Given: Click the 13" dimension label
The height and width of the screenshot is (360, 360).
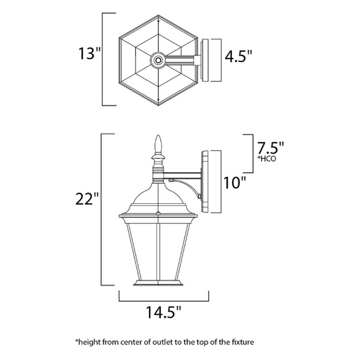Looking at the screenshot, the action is [x=89, y=53].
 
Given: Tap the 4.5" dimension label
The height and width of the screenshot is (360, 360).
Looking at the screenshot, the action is [x=238, y=56].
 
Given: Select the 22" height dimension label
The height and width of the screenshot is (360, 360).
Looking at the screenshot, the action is [x=87, y=199].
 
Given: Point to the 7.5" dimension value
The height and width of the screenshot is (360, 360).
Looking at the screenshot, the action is [x=271, y=148].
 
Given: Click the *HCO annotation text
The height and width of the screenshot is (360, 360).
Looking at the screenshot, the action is [x=266, y=159].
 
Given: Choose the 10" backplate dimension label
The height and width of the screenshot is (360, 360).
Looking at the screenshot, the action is [x=235, y=183].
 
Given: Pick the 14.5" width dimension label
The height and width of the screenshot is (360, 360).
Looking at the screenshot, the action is [x=164, y=312].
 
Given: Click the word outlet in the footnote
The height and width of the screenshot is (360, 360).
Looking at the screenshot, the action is [x=162, y=342].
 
